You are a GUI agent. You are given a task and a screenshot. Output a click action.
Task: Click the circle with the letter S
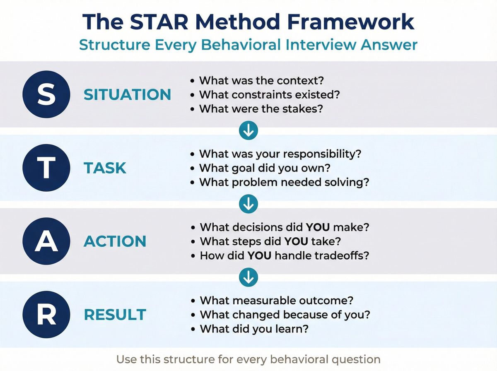[x=46, y=94]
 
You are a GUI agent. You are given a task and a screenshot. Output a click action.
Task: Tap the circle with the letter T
[x=46, y=168]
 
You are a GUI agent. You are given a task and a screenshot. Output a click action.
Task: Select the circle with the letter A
[x=46, y=241]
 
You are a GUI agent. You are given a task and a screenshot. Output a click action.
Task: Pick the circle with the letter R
[x=46, y=315]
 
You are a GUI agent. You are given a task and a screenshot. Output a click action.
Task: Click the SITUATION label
[x=127, y=95]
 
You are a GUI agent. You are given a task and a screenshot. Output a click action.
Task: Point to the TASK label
[x=105, y=168]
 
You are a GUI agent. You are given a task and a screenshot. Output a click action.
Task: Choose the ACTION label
[x=115, y=241]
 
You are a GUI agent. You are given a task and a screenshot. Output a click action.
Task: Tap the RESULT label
[x=115, y=315]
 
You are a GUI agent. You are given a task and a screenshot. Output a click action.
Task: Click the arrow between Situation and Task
[x=248, y=131]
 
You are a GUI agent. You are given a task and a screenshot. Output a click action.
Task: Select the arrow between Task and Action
[x=248, y=204]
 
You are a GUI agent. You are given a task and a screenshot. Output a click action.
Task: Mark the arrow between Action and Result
[x=248, y=277]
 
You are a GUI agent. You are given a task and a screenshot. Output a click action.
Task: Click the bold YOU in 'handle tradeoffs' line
[x=259, y=255]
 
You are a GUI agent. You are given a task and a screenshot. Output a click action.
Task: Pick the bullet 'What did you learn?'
[x=254, y=329]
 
